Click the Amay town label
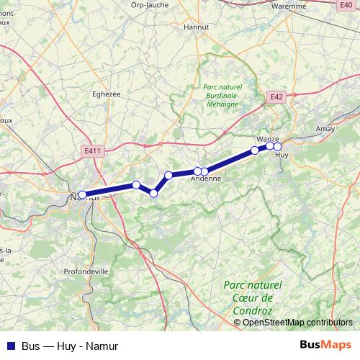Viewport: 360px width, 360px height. point(327,128)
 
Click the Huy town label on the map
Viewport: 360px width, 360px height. point(282,155)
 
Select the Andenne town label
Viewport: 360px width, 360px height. point(205,180)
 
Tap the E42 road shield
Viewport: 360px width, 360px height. point(277,96)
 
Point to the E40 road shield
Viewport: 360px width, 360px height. point(345,4)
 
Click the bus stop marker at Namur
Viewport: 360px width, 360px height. point(82,194)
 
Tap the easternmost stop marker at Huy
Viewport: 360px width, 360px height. point(277,147)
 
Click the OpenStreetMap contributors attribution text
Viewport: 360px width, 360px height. point(297,322)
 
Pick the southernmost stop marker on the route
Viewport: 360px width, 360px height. point(154,192)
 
